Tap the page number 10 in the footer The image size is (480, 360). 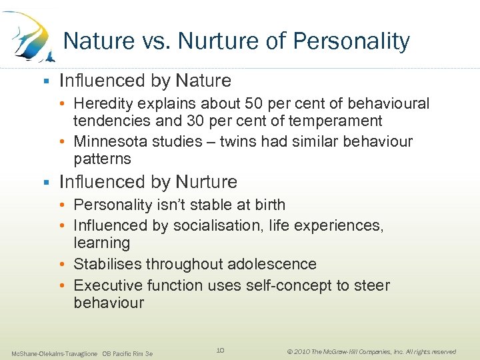[221, 350]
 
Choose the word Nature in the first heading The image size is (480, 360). [203, 81]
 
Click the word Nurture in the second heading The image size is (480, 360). [207, 182]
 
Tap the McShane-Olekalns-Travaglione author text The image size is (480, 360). [54, 353]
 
